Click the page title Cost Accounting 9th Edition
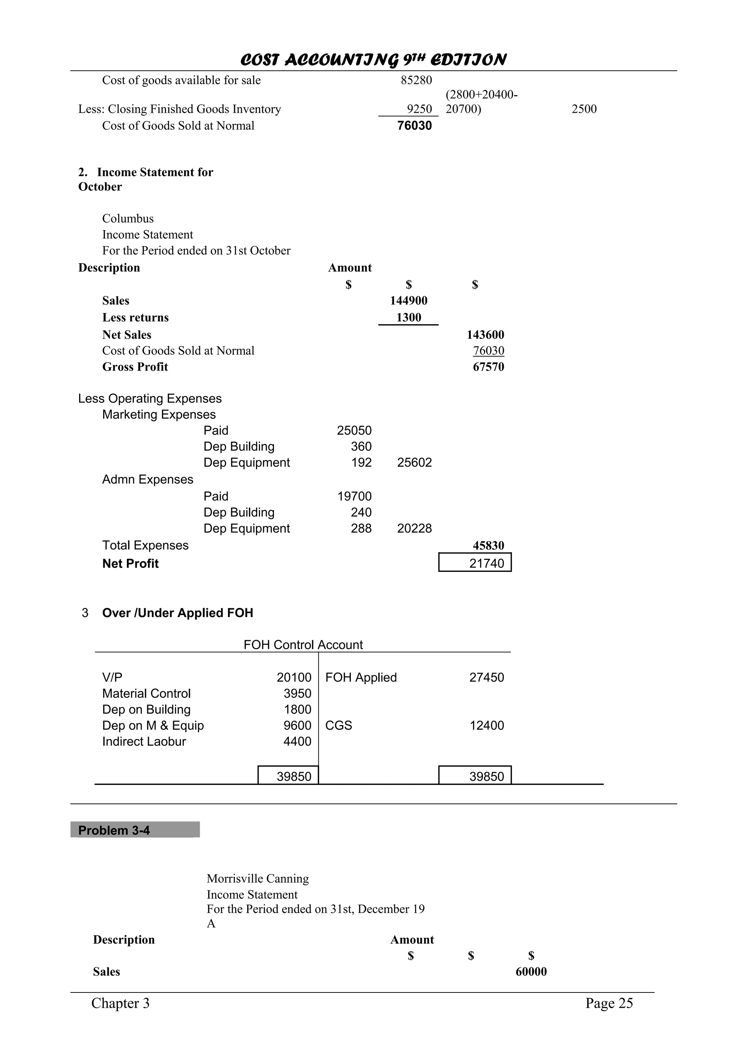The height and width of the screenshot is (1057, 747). [373, 60]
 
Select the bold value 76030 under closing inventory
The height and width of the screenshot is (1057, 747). [414, 126]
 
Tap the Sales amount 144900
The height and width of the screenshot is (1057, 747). [409, 301]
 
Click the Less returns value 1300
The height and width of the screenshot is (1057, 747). [409, 318]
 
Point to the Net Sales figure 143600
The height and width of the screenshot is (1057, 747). [485, 335]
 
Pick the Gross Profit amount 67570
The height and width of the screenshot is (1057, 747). [488, 367]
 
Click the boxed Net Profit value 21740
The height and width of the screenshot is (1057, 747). [487, 563]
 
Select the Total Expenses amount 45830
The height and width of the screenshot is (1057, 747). [488, 546]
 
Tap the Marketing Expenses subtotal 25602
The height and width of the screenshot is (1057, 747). [414, 463]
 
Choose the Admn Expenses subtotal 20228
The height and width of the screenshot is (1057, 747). [414, 528]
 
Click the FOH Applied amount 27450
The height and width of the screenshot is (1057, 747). [487, 677]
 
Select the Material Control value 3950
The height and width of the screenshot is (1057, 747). [297, 693]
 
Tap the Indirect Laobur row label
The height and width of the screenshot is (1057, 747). [144, 742]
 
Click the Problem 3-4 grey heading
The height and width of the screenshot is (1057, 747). [114, 830]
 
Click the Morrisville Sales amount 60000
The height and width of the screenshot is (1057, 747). [531, 972]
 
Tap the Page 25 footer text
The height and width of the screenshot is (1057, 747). [609, 1003]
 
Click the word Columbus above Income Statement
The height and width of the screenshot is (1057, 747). [128, 219]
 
